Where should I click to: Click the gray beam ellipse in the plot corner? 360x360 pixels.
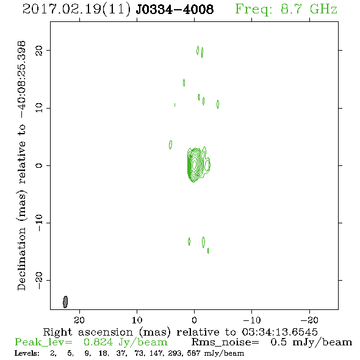click(x=65, y=302)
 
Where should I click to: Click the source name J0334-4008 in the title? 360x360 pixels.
click(x=175, y=9)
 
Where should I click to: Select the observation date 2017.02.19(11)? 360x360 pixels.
click(x=76, y=10)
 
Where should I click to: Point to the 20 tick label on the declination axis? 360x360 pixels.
click(x=39, y=51)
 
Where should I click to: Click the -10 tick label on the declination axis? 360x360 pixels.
click(x=39, y=223)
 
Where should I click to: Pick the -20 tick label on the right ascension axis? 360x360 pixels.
click(x=309, y=320)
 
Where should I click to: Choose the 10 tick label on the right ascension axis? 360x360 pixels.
click(x=137, y=320)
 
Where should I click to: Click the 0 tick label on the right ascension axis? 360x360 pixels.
click(x=195, y=320)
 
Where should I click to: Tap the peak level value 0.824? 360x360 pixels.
click(x=98, y=342)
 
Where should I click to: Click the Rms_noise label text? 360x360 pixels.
click(x=225, y=342)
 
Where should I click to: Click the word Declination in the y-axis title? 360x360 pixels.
click(x=21, y=259)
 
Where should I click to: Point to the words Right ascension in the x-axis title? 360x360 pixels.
click(x=88, y=332)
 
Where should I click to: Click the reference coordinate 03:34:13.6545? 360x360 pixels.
click(x=279, y=332)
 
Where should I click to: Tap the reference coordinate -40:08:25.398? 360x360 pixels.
click(x=21, y=80)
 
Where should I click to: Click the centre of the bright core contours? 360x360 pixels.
click(x=195, y=164)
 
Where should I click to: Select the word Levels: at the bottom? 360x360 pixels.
click(x=27, y=353)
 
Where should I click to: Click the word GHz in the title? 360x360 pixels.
click(x=323, y=9)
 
